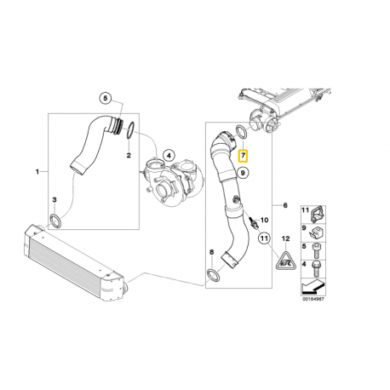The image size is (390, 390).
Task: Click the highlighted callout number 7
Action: coord(244,156)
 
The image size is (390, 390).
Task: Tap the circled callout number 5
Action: coord(105,97)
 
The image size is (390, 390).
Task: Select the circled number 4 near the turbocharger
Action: coord(169,155)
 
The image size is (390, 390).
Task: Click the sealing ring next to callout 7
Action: coord(242,133)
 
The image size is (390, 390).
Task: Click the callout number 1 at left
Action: coord(37,172)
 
